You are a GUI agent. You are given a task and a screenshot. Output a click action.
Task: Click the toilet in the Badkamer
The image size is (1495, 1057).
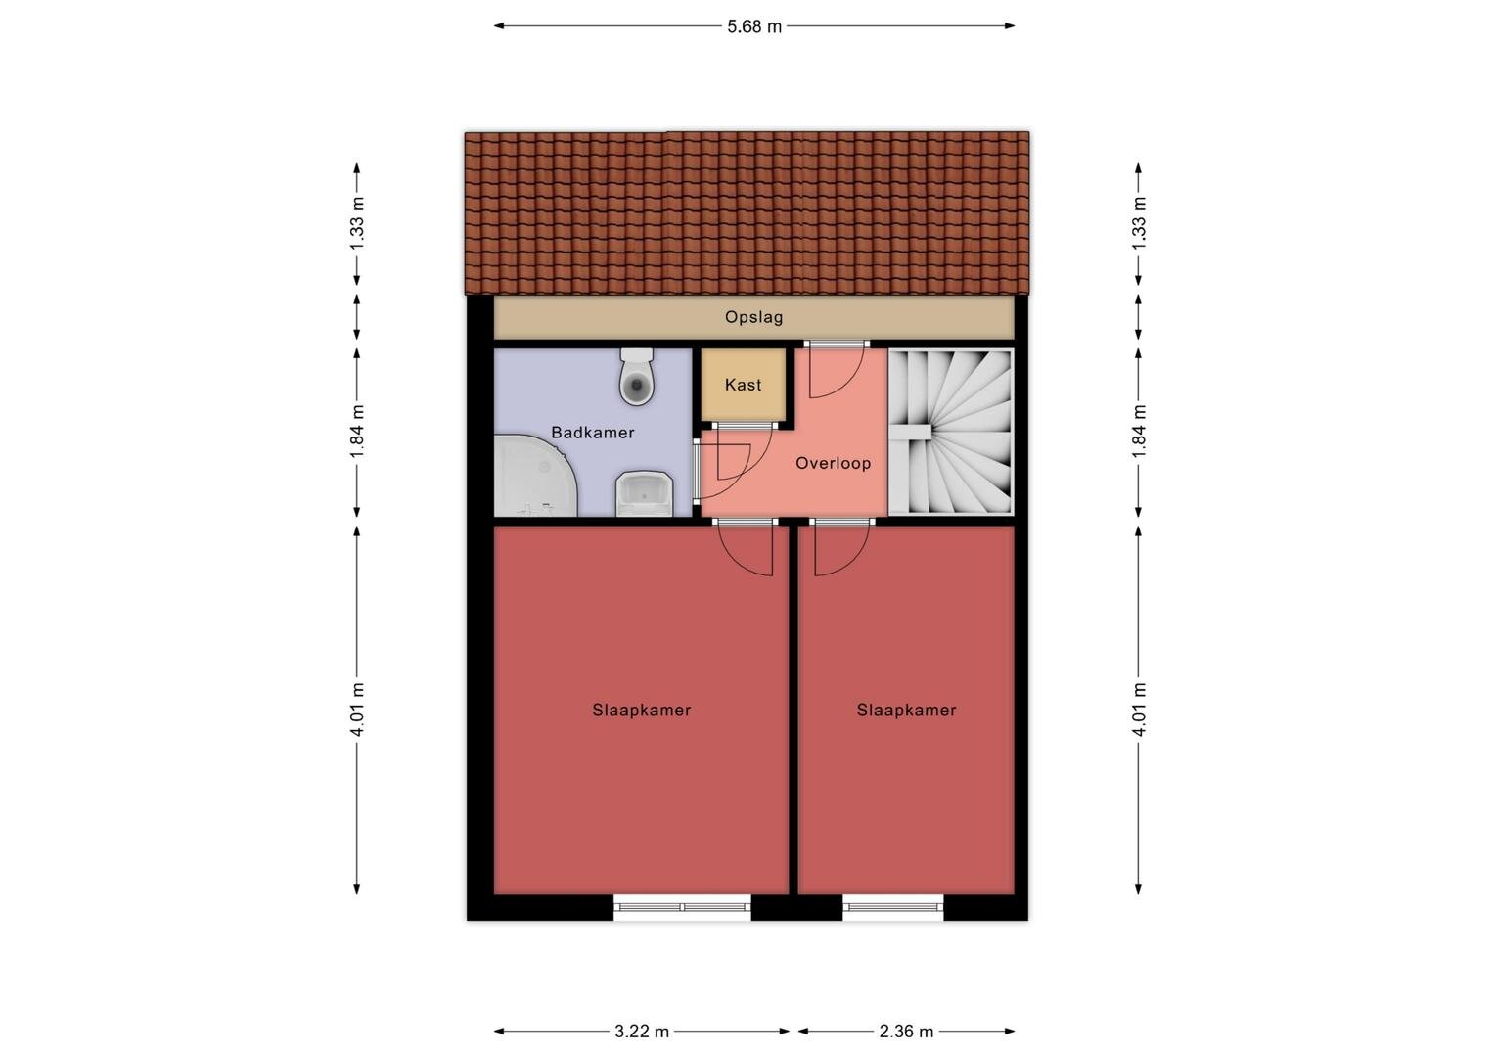pos(636,377)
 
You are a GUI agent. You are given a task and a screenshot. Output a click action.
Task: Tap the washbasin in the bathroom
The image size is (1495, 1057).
pos(644,494)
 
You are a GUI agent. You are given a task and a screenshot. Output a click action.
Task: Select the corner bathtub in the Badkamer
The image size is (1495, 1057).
pos(534,476)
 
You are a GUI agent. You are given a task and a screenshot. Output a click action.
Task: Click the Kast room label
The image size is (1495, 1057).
pos(743,385)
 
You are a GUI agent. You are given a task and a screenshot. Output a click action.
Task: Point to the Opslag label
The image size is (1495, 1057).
pos(753,317)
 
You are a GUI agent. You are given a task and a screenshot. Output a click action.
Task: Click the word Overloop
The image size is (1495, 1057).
pos(833,463)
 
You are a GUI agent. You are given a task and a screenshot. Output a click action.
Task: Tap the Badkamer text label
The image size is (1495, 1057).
pos(593,432)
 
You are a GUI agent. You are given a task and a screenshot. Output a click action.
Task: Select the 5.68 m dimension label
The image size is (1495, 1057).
pos(754,26)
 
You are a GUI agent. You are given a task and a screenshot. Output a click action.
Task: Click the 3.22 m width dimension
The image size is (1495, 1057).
pos(642,1032)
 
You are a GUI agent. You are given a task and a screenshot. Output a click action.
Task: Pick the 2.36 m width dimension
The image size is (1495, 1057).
pos(906,1032)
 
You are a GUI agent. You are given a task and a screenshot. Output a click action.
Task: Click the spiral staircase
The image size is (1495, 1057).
pos(950,432)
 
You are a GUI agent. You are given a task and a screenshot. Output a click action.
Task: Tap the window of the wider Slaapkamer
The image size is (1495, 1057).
pos(682,907)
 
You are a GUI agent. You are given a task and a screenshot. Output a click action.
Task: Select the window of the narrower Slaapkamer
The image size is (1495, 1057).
pos(893,907)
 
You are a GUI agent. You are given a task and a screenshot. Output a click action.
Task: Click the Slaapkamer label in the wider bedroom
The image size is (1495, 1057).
pos(642,710)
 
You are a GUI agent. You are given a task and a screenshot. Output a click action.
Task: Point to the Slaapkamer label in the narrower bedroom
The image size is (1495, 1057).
pos(906,710)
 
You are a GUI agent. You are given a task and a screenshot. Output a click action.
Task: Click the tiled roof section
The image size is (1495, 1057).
pos(747,213)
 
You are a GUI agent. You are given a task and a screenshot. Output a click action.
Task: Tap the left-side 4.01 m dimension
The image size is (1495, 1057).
pos(357,710)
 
